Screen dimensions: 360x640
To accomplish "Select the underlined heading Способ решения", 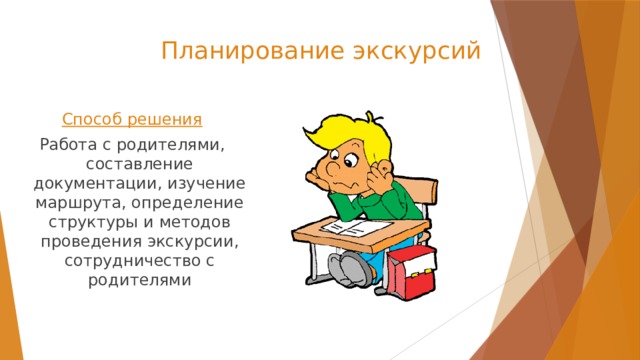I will [132, 120].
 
